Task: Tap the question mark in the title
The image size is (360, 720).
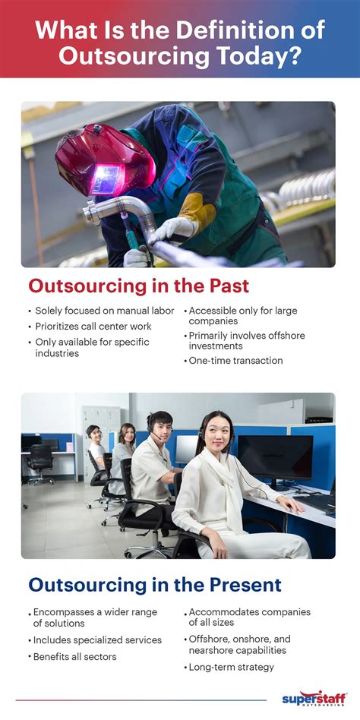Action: coord(295,56)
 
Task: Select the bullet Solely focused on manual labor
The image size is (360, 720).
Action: coord(105,311)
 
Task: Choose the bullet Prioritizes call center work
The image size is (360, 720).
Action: coord(93,327)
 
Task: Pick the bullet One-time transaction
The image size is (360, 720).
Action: coord(235,361)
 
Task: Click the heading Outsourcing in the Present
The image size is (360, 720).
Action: coord(155,585)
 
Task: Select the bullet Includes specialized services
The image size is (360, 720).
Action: coord(97,640)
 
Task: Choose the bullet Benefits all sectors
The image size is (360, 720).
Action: coord(75,656)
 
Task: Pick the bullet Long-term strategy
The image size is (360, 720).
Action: coord(231,667)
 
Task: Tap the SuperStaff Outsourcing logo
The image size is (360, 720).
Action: coord(314,699)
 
